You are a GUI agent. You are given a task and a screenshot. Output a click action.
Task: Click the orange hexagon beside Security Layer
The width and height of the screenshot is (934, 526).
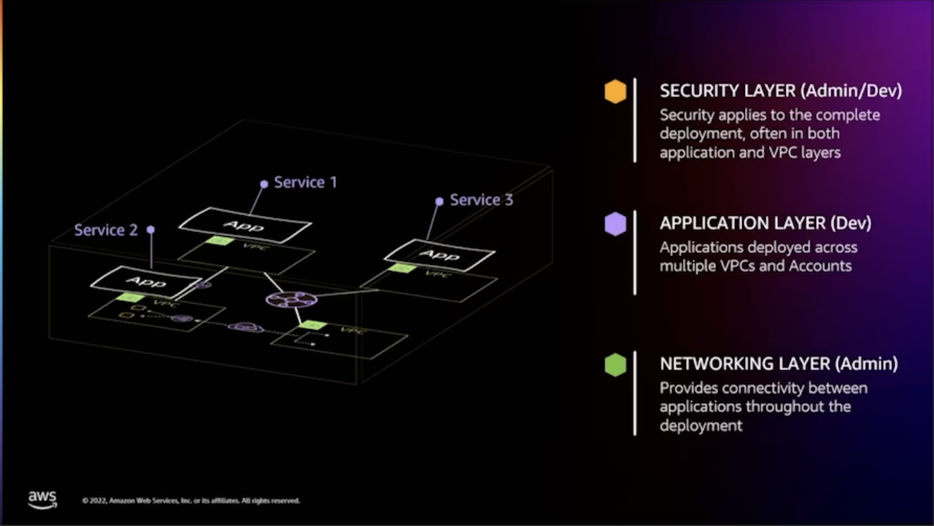coord(615,92)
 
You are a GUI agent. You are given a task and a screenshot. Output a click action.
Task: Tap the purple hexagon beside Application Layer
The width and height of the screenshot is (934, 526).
coord(615,224)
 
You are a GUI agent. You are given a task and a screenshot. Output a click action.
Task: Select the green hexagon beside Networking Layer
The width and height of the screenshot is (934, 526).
coord(615,365)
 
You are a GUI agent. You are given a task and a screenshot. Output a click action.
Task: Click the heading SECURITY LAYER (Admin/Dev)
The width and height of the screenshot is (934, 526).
coord(780,91)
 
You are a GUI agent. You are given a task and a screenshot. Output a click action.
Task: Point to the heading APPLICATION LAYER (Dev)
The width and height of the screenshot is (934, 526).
coord(765,224)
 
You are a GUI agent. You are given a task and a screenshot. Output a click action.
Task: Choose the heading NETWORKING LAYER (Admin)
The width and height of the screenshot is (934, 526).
coord(779,364)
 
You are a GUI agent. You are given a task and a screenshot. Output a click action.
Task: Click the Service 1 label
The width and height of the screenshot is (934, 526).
coord(305,183)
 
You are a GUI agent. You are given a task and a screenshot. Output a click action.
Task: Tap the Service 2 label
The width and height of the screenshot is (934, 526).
coord(106,230)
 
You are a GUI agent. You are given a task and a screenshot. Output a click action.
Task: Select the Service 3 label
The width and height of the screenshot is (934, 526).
coord(481,200)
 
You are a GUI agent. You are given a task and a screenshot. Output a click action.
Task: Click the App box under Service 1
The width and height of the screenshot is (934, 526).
coord(244,226)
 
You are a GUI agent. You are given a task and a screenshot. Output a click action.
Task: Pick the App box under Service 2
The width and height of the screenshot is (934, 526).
coord(145,282)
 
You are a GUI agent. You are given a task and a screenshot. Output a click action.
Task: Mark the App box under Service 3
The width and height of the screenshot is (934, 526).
coord(439,255)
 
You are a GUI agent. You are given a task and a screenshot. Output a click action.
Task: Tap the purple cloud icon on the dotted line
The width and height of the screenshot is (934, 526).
coord(245,328)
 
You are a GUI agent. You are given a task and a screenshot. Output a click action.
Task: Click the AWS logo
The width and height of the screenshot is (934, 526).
coord(42,499)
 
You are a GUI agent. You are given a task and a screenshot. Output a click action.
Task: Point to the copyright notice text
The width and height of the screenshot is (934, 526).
coord(190,501)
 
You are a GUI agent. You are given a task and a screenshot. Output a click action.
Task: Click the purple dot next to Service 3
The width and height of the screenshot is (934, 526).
coord(439,201)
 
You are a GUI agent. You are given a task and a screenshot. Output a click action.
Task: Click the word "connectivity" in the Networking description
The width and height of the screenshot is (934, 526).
coord(763,389)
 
